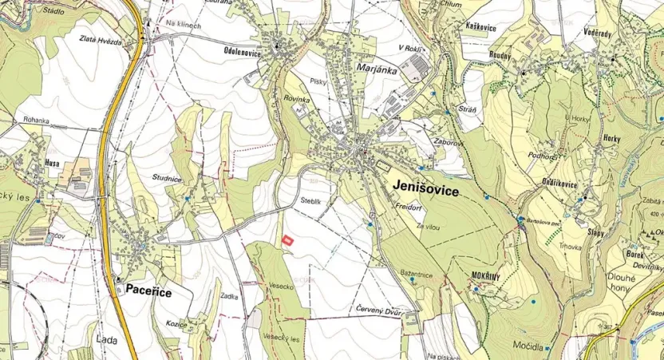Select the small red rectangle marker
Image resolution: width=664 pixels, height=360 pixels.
(288, 237)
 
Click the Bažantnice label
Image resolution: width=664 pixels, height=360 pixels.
(416, 275)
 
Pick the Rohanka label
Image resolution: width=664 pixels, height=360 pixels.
(36, 121)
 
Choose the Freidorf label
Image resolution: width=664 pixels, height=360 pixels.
(408, 206)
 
